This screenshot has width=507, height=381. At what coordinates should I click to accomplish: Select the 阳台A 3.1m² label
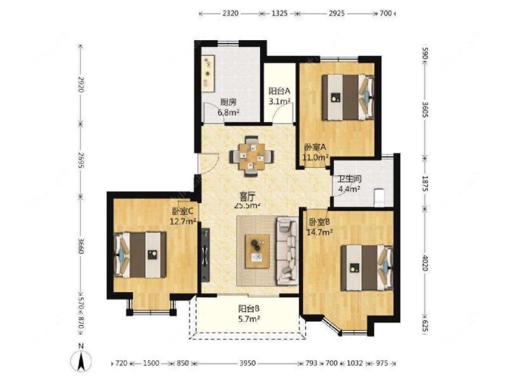[279, 96]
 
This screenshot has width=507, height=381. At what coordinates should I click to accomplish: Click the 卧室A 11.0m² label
[315, 152]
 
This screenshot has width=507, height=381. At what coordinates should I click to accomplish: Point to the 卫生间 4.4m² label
[350, 184]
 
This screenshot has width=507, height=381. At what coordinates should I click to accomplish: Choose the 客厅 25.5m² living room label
[247, 201]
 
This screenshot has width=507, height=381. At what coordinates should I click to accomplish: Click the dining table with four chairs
[251, 156]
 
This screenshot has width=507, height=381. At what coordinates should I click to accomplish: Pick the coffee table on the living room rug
[257, 251]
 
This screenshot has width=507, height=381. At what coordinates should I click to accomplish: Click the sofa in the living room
[287, 251]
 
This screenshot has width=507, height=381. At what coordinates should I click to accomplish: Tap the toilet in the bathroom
[379, 197]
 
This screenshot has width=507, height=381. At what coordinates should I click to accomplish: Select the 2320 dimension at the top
[230, 14]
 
